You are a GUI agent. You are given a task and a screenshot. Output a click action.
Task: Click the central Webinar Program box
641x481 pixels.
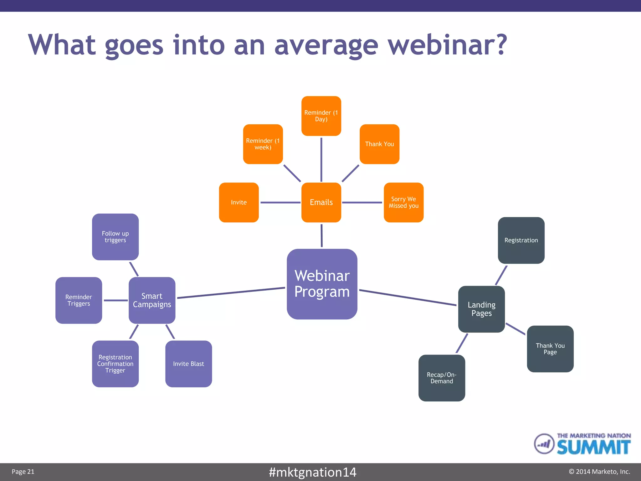click(x=322, y=284)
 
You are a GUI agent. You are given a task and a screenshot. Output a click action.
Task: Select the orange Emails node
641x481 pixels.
click(x=321, y=202)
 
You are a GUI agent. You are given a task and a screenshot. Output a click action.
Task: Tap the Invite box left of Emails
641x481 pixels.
click(x=239, y=202)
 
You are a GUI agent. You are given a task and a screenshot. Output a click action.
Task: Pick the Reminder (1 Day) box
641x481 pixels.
click(x=321, y=116)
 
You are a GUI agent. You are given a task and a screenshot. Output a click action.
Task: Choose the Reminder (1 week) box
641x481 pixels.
click(x=263, y=144)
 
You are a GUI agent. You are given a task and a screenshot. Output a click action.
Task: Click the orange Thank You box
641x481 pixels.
click(x=379, y=144)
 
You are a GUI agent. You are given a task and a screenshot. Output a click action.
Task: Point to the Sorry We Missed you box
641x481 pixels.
click(x=403, y=202)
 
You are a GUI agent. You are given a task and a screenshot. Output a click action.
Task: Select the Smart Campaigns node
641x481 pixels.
click(x=152, y=300)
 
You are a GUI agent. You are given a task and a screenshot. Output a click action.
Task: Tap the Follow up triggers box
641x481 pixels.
click(x=115, y=237)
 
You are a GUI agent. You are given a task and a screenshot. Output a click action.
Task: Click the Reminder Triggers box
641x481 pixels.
click(x=79, y=300)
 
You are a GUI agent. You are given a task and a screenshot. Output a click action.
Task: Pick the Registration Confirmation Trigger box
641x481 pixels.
click(x=115, y=364)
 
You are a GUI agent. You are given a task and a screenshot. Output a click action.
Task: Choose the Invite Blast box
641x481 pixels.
click(x=188, y=364)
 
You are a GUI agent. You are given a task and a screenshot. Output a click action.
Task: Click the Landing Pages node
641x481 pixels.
click(x=481, y=309)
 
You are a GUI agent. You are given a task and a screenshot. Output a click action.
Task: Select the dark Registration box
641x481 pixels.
click(x=521, y=240)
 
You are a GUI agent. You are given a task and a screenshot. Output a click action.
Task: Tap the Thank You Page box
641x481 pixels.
click(x=550, y=349)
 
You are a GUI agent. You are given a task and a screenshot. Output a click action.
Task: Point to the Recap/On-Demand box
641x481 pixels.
click(x=442, y=378)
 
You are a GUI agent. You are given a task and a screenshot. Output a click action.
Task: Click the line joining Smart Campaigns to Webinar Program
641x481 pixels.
click(x=231, y=293)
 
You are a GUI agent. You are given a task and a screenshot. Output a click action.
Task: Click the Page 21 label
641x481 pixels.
click(x=23, y=472)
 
